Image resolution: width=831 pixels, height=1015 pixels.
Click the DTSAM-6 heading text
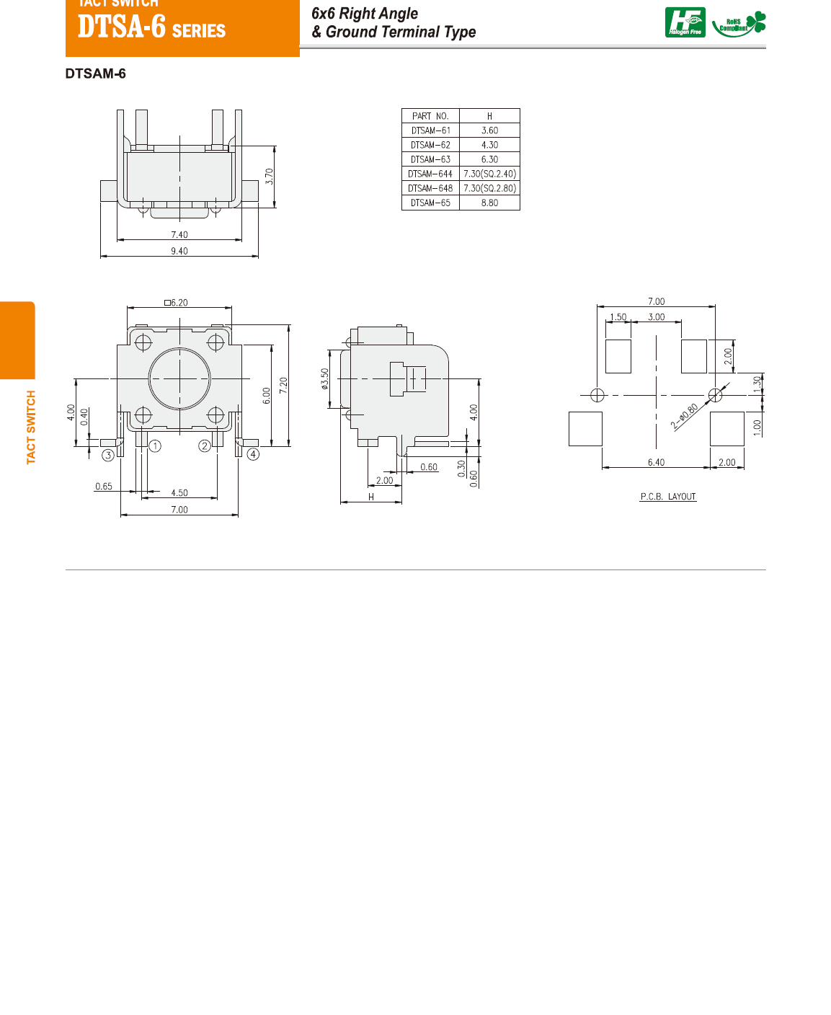click(95, 74)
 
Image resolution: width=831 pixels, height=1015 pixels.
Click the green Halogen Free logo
click(685, 22)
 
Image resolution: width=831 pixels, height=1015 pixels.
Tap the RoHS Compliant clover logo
click(739, 24)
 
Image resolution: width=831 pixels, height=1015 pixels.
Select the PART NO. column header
click(430, 116)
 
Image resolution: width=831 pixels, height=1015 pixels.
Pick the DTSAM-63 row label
click(430, 159)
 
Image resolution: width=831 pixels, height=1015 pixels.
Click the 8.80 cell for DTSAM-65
click(489, 203)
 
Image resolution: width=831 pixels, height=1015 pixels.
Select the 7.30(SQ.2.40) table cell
click(489, 174)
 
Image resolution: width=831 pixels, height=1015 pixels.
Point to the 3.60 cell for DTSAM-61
click(489, 130)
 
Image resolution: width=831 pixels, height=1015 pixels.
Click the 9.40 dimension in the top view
click(179, 251)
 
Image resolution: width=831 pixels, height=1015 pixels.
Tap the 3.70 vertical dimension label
click(269, 177)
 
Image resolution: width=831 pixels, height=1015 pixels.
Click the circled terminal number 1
click(155, 446)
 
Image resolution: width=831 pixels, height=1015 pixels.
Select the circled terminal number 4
click(253, 454)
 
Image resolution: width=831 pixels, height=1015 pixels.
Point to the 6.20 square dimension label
click(177, 303)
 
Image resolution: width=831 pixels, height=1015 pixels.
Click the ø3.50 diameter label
click(324, 379)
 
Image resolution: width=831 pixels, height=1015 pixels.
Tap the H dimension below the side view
click(371, 497)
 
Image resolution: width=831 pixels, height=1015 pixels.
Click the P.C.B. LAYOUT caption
click(668, 497)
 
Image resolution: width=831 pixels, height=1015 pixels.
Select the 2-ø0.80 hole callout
click(685, 417)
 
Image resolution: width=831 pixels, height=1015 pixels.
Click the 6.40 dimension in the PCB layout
click(656, 462)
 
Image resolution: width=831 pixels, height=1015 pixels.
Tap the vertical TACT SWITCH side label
click(31, 427)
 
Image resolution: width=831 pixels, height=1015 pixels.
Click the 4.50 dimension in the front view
click(179, 493)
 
